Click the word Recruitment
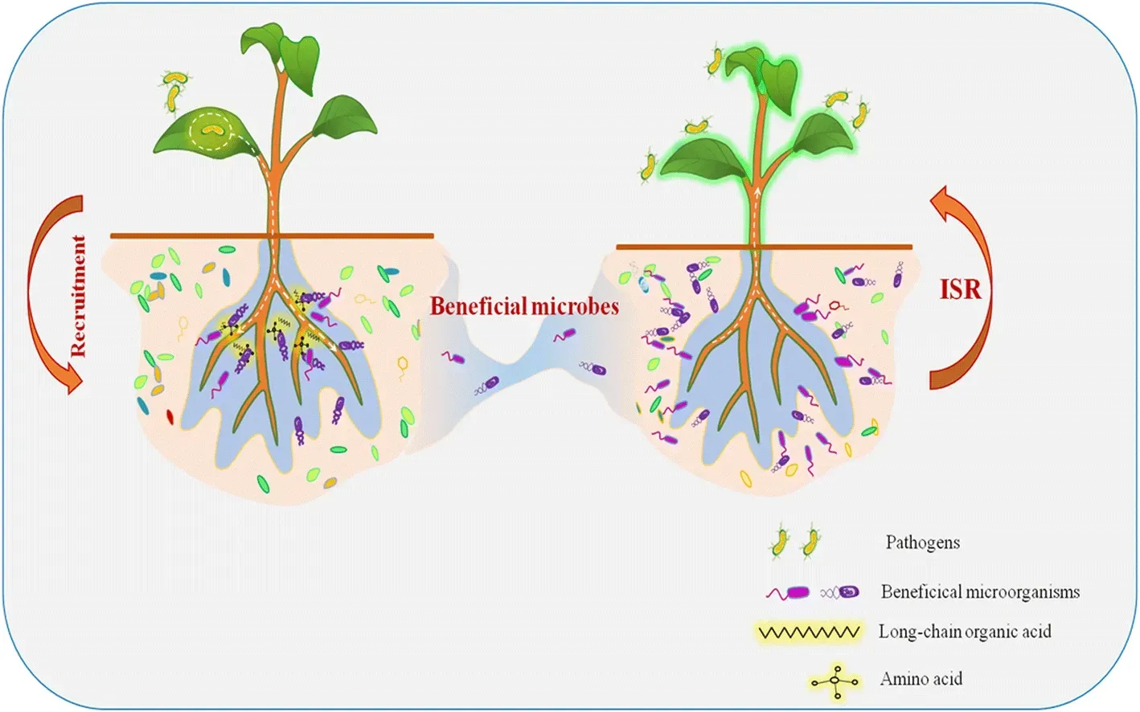coord(78,296)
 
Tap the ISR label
coord(961,289)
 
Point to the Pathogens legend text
coord(922,542)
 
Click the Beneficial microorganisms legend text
coord(980,592)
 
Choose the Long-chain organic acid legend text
coord(964,632)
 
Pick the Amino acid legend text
coord(921,679)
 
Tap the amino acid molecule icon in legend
coord(835,681)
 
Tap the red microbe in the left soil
coord(170,416)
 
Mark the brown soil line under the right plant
coord(764,247)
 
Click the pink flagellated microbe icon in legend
coord(788,593)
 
